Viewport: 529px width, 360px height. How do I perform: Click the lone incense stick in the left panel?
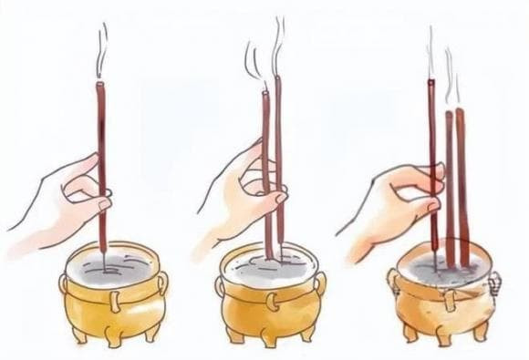103,137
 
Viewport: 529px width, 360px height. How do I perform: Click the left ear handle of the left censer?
67,287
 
